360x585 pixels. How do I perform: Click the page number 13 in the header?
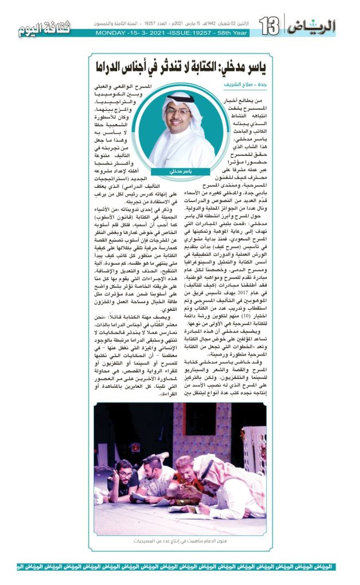click(x=269, y=25)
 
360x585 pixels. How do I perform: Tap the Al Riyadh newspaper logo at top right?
click(x=312, y=26)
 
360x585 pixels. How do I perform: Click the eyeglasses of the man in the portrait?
click(x=179, y=112)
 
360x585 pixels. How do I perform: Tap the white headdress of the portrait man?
click(x=180, y=98)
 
